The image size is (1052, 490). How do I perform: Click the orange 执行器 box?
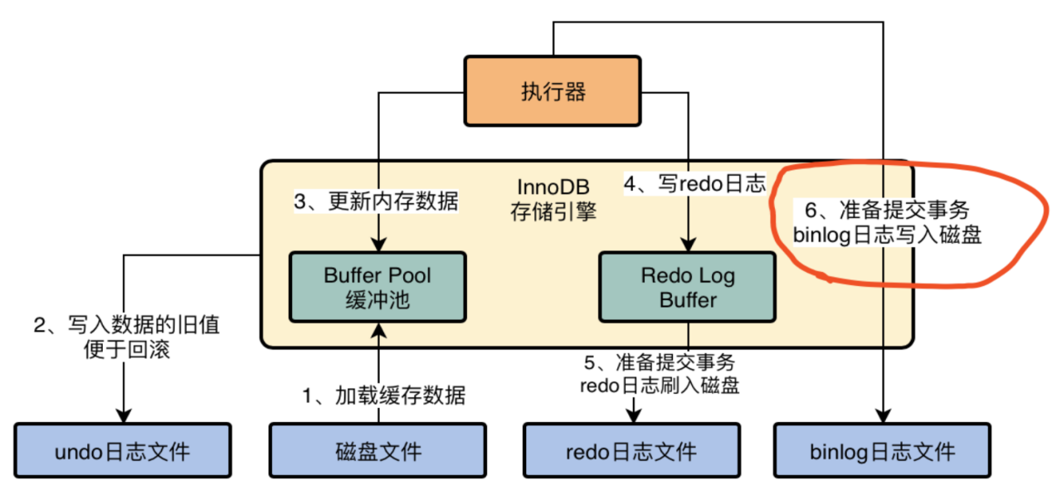coord(553,91)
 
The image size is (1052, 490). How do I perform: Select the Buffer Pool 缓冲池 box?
coord(377,287)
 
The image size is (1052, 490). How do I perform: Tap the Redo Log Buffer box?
coord(687,287)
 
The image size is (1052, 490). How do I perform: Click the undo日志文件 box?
coord(122,452)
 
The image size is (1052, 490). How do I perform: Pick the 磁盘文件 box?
coord(377,452)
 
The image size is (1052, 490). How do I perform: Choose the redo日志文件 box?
coord(631,452)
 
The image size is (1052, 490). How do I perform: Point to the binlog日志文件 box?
coord(882,452)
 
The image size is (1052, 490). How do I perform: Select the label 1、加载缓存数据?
coord(383,395)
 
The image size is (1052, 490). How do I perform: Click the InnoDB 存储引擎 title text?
coord(553,201)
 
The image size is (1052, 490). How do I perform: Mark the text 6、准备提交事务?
coord(887,210)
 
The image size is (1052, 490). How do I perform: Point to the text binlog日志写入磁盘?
coord(887,235)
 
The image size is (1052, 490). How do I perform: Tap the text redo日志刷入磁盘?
coord(660,386)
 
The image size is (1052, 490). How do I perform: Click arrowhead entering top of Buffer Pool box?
coord(378,246)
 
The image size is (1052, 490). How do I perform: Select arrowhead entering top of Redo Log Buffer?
coord(687,246)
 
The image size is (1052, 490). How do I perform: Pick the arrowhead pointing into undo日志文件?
coord(124,416)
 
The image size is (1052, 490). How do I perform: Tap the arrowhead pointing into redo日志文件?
coord(636,416)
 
